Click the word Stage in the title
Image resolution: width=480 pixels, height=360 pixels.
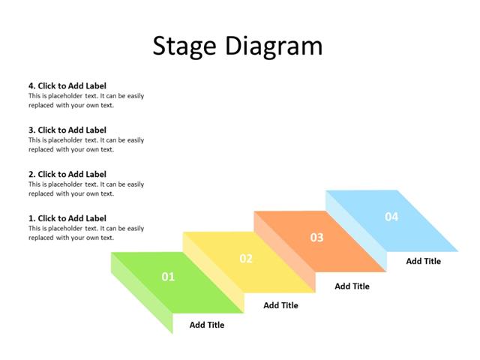coord(184,46)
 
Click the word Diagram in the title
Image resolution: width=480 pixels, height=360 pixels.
coord(274,46)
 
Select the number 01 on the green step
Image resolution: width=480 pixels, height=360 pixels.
coord(168,277)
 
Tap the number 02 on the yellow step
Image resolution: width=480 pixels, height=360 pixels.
coord(246,259)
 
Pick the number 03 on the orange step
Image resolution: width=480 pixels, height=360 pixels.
coord(317,238)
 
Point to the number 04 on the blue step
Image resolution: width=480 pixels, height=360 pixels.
coord(391,217)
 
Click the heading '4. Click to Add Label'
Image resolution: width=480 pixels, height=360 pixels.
coord(67,86)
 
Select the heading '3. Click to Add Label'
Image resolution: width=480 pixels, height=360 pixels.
coord(67,130)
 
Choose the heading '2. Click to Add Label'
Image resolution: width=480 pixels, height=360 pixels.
coord(67,174)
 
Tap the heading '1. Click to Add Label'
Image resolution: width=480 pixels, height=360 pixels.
coord(67,218)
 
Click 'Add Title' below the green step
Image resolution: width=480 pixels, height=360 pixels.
coord(207,325)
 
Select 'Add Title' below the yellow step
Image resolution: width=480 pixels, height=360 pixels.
coord(281,305)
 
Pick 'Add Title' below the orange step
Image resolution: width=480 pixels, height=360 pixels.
coord(352,286)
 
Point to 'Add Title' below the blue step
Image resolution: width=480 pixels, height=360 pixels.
coord(424,261)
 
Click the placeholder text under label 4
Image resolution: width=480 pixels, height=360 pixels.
coord(86,100)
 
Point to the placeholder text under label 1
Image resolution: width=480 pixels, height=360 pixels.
coord(86,232)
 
